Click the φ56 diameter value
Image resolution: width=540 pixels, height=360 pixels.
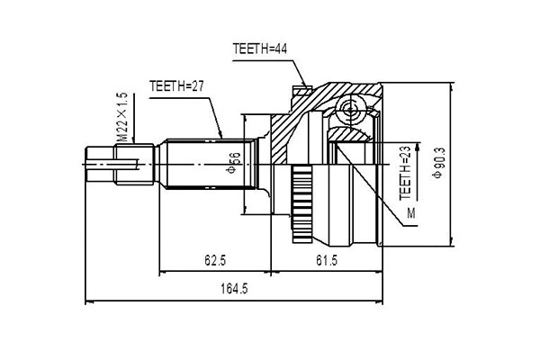tap(231, 159)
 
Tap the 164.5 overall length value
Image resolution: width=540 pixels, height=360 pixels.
tap(236, 288)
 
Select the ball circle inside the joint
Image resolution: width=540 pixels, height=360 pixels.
tap(352, 112)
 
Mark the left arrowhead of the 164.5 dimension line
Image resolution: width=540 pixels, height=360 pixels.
tap(87, 300)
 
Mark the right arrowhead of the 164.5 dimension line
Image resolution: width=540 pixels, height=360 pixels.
tap(382, 300)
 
